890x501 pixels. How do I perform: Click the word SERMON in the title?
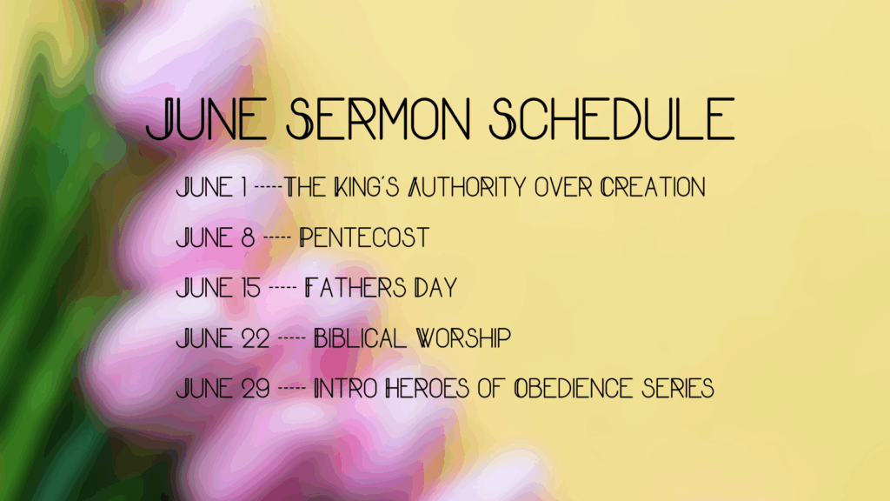coord(379,118)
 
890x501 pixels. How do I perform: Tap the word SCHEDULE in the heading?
coord(612,118)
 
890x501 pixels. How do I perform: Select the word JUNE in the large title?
coord(207,118)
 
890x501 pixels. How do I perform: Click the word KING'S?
coord(367,188)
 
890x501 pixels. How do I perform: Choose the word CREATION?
coord(653,188)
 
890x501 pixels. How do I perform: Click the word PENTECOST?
coord(364,237)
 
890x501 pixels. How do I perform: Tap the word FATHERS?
coord(355,287)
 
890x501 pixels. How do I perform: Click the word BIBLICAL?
coord(361,338)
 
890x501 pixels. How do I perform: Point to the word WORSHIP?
coord(464,338)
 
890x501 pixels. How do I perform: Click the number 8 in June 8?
coord(248,237)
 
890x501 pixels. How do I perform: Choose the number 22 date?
coord(256,338)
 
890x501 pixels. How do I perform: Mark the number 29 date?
coord(256,389)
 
